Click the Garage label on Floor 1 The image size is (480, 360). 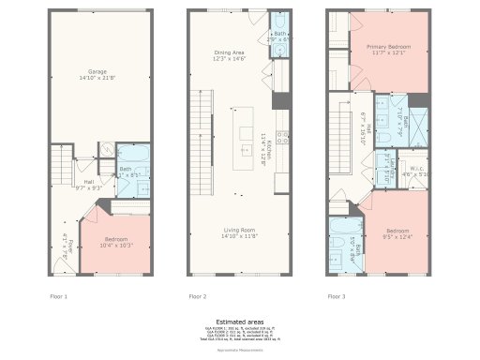97,74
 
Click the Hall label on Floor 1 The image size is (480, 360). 88,184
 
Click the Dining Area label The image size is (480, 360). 230,55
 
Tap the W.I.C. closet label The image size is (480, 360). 414,172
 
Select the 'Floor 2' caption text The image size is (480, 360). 197,296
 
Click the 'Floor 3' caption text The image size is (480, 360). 336,296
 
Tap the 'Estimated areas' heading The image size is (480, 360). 239,319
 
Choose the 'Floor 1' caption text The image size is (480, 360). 58,296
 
